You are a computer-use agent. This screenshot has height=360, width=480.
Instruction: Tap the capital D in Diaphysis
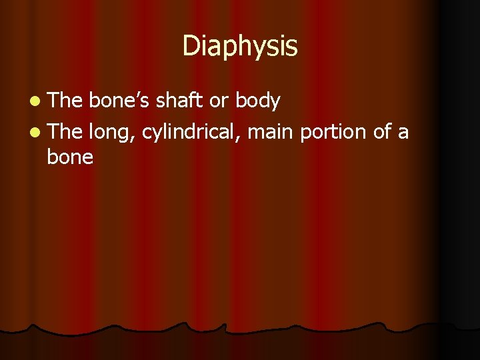190,46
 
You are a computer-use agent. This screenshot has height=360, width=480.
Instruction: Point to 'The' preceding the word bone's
65,101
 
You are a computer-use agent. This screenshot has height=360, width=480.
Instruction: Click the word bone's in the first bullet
118,101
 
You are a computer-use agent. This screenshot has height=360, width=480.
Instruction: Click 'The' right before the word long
65,133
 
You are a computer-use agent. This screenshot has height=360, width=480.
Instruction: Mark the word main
271,133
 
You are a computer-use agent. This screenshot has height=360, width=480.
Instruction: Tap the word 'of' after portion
383,133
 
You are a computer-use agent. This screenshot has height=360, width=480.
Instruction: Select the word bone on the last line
70,158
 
